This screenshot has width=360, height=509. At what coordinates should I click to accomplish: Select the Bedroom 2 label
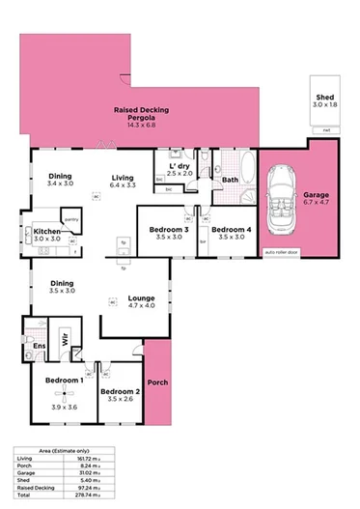[123, 392]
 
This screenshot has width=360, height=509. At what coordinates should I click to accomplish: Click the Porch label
[157, 383]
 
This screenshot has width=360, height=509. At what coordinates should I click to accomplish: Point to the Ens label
[39, 346]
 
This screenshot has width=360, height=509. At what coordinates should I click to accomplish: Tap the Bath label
[230, 180]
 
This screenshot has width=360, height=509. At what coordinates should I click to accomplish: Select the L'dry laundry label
[180, 167]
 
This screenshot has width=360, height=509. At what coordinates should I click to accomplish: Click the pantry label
[71, 219]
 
